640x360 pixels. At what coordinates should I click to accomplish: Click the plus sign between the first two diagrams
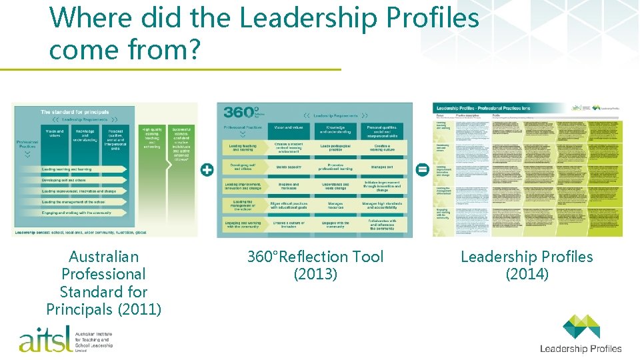(207, 170)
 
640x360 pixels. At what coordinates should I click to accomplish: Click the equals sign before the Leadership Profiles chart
(422, 170)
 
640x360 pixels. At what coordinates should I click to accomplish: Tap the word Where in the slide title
(85, 18)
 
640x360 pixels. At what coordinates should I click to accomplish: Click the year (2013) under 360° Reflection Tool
(315, 274)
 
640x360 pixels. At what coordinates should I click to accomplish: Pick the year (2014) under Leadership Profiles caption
(527, 274)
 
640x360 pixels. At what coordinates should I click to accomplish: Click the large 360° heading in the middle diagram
(239, 113)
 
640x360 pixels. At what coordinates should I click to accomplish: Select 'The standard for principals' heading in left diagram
(75, 112)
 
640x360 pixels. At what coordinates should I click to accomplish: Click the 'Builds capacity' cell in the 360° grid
(289, 167)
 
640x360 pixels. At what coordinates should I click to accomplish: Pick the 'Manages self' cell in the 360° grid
(382, 167)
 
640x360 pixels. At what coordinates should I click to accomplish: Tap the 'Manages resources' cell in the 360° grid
(335, 206)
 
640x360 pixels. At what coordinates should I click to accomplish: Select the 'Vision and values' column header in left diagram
(55, 133)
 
